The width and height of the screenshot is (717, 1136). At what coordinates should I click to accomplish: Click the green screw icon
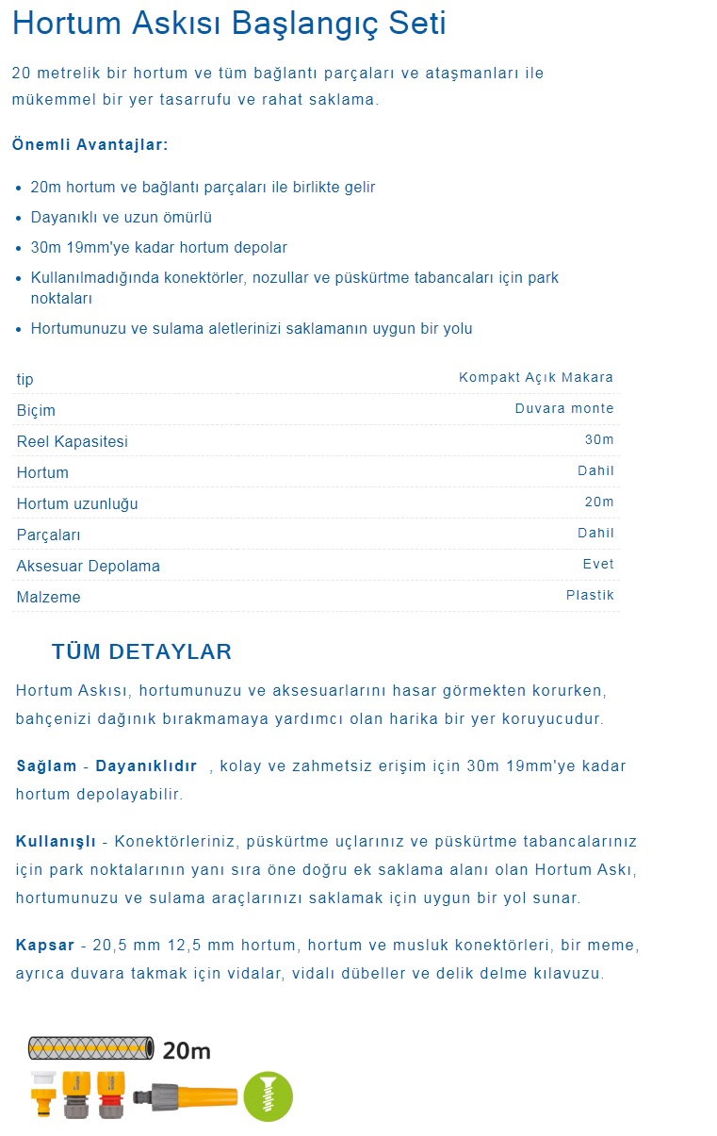pos(269,1096)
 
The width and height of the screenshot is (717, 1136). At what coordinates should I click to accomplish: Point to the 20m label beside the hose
pos(187,1050)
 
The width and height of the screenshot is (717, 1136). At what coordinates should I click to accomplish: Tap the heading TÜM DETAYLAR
pos(141,651)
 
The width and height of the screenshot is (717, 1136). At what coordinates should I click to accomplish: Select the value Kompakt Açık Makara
pos(535,377)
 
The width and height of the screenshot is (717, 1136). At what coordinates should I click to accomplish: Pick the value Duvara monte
pos(563,408)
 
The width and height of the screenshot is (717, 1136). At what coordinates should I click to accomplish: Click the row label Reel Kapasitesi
pos(73,441)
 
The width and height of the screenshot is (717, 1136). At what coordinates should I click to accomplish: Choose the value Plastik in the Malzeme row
pos(590,595)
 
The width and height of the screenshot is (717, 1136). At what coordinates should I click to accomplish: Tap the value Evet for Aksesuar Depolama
pos(598,564)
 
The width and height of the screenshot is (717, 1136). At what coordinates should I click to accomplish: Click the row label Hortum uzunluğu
pos(77,503)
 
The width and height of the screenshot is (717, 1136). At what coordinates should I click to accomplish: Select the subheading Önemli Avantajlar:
pos(90,144)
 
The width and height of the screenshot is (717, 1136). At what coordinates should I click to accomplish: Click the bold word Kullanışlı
pos(56,840)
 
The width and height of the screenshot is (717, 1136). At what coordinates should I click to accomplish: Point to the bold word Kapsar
pos(45,945)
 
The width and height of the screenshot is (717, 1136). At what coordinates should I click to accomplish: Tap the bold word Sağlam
pos(46,766)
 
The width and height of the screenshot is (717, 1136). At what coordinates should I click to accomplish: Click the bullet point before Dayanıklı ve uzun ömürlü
pos(19,218)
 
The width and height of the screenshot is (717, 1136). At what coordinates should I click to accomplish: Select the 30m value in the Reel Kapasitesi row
pos(599,439)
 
